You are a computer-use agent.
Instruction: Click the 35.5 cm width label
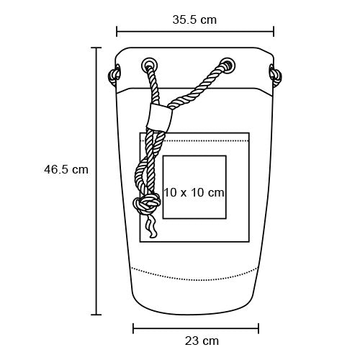click(x=194, y=19)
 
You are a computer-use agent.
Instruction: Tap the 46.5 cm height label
click(x=66, y=169)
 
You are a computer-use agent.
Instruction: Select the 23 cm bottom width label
click(x=202, y=341)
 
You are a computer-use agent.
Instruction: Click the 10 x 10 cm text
click(x=194, y=192)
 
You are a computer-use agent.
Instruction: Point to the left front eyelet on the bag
click(x=150, y=64)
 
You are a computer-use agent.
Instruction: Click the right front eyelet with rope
click(x=228, y=64)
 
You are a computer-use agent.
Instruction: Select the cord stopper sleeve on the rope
click(x=160, y=117)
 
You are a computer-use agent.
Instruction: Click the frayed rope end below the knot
click(x=151, y=225)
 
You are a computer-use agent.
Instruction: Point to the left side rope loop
click(x=114, y=75)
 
